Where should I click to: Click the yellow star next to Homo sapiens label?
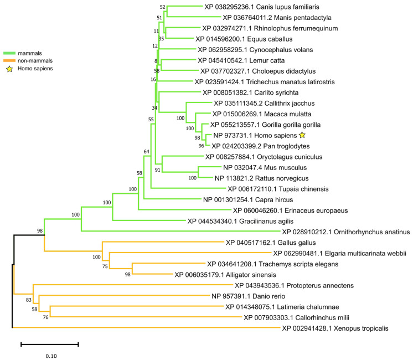click(x=302, y=135)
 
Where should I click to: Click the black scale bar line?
click(x=50, y=344)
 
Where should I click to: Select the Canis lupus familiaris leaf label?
click(x=252, y=7)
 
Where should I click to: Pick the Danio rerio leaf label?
click(x=246, y=296)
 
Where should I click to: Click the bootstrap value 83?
click(x=29, y=300)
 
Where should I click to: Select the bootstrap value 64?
click(x=147, y=151)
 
